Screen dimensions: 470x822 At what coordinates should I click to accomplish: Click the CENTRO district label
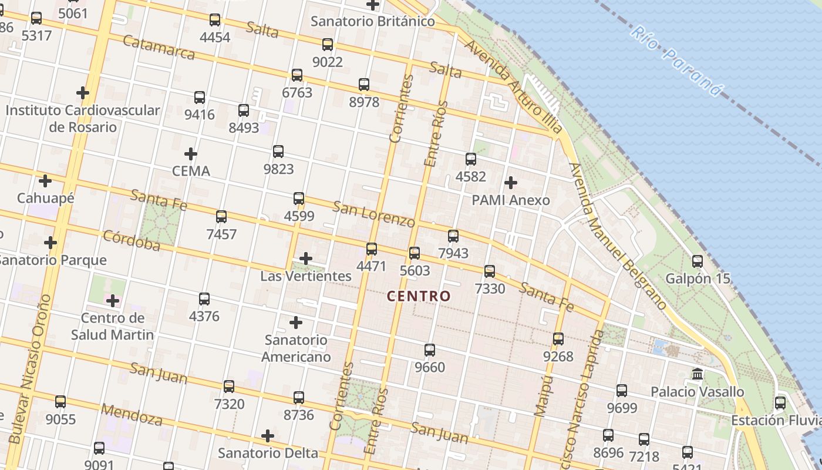[419, 296]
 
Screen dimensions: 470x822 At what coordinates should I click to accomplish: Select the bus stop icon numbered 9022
[328, 44]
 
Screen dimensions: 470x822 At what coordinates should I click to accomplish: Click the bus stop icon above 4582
[471, 159]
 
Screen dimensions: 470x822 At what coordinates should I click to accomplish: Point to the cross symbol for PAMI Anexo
[511, 182]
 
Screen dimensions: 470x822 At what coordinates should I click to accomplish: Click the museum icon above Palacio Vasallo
[698, 374]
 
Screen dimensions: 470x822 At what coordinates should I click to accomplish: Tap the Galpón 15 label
[698, 278]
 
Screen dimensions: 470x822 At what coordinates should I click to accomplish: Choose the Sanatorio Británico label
[373, 22]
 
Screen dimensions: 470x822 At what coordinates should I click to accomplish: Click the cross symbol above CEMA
[190, 154]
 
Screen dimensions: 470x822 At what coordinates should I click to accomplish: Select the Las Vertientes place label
[306, 276]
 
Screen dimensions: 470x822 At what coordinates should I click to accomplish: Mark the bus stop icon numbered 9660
[430, 350]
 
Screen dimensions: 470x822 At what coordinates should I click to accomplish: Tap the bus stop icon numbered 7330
[490, 271]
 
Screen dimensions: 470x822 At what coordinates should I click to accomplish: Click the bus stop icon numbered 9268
[558, 339]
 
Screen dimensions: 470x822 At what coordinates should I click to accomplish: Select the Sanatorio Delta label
[268, 453]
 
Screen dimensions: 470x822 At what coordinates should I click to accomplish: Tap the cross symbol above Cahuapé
[45, 181]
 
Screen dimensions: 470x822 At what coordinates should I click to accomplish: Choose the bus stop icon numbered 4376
[204, 299]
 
